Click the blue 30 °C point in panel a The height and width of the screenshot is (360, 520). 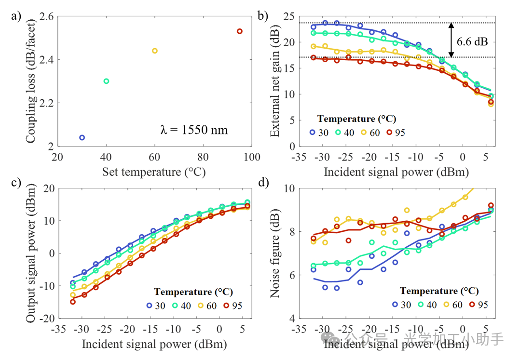pos(82,137)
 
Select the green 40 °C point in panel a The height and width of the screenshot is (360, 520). pos(106,81)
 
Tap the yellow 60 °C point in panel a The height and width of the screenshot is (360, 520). pos(155,51)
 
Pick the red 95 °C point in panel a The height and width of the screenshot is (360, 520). pos(240,31)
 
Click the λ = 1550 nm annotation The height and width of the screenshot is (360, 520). pos(194,130)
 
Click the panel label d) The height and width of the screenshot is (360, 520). pos(263,184)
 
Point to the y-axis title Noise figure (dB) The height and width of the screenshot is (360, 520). pos(275,253)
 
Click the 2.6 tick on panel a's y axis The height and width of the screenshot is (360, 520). pos(46,17)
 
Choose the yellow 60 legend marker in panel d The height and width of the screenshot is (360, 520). pos(445,305)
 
